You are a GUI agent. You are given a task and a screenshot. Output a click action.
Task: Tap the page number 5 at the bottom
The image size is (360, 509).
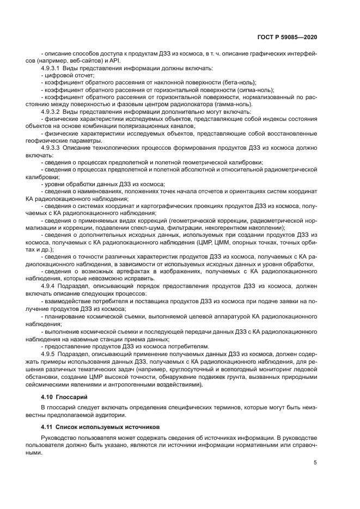click(315, 463)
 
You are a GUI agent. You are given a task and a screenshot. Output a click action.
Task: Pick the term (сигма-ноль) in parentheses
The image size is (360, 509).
click(255, 89)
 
